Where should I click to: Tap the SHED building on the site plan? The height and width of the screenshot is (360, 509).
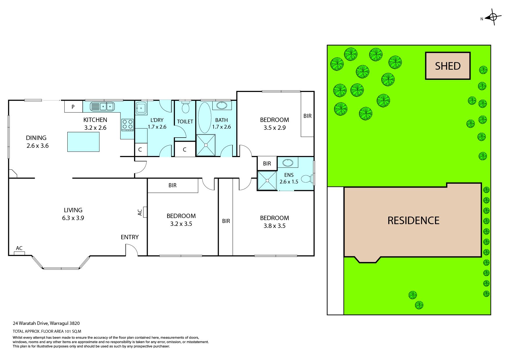click(x=448, y=66)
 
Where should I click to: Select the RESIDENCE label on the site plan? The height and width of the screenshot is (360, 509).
click(x=414, y=220)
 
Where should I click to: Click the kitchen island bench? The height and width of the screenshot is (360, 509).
click(x=84, y=142)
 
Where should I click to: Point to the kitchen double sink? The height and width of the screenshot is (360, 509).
click(x=102, y=107)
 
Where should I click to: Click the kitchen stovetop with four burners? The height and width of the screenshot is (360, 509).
click(x=128, y=125)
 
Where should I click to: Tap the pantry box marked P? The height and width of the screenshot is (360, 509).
click(x=73, y=107)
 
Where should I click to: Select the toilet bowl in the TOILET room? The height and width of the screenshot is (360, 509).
click(x=185, y=108)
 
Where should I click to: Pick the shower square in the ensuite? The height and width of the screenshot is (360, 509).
click(x=267, y=181)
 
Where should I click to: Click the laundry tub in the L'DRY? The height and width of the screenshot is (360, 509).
click(x=141, y=108)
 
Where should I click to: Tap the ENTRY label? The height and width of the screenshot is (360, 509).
click(x=130, y=237)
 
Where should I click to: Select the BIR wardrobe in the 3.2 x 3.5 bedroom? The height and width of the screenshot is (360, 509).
click(x=173, y=186)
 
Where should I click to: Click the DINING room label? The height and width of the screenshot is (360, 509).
click(x=36, y=138)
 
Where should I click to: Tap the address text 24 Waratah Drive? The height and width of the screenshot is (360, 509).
click(x=31, y=323)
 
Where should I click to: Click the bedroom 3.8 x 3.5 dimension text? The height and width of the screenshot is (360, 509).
click(x=274, y=226)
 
